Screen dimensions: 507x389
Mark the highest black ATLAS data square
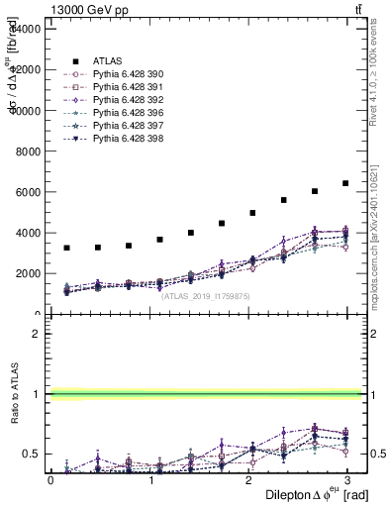tap(345, 183)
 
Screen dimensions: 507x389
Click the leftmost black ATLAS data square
tap(66, 248)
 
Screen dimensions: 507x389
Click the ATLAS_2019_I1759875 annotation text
tap(206, 295)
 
